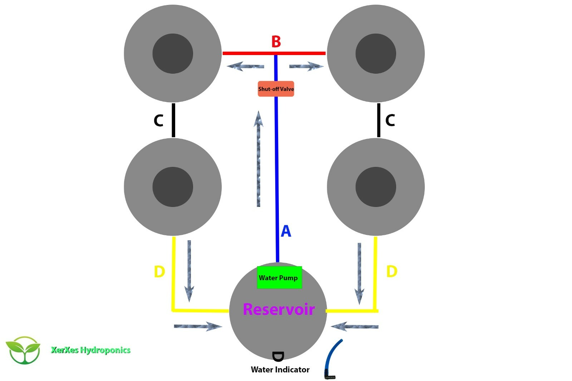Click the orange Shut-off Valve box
(276, 89)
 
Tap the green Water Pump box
(279, 278)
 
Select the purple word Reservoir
(278, 309)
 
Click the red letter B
(276, 42)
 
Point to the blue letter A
(286, 232)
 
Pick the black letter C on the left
(158, 121)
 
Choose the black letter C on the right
(390, 120)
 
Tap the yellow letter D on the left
(159, 272)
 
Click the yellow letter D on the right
(392, 272)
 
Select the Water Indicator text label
(280, 370)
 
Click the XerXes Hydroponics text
(90, 350)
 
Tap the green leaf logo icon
(23, 350)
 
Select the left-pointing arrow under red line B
(245, 66)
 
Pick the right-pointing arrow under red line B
(306, 66)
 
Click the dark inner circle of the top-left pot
(173, 54)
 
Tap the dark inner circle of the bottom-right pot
(376, 187)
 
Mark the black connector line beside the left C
(173, 120)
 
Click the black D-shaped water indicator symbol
(278, 356)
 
